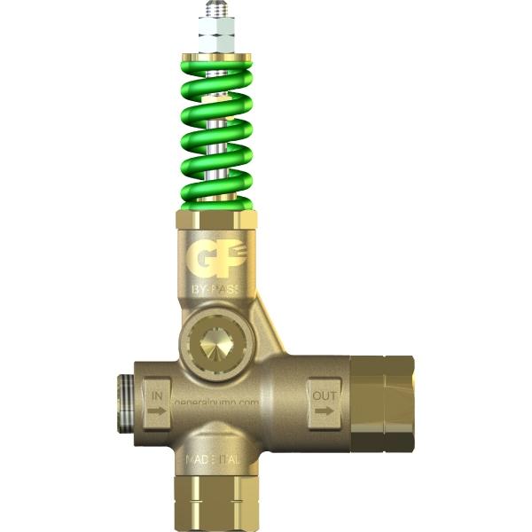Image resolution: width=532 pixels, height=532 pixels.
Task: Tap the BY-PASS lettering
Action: click(215, 290)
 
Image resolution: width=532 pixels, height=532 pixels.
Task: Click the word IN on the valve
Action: click(158, 392)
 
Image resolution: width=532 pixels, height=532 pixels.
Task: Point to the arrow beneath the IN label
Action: click(158, 411)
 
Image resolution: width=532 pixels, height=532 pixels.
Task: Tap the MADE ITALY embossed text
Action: click(213, 461)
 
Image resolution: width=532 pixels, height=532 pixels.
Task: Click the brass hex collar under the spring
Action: click(215, 217)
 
